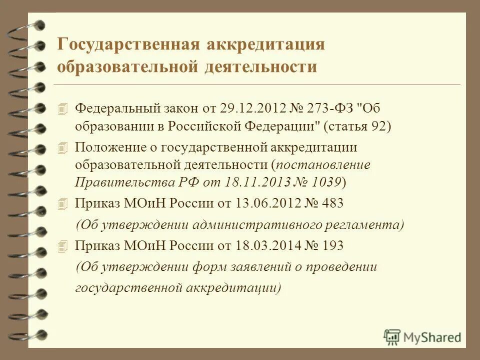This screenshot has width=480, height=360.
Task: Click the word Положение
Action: pos(106,147)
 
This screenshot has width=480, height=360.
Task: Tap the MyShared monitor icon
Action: pos(392,336)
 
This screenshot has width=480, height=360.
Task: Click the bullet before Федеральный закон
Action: pos(62,108)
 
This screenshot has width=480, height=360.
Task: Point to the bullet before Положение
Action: pos(62,147)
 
